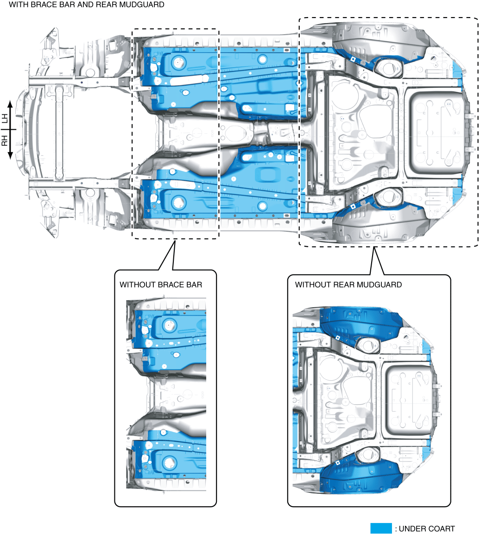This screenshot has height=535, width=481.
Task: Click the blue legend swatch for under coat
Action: point(381,529)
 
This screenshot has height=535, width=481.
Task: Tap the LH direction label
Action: point(5,119)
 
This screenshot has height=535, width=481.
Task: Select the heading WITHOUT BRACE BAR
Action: point(161,284)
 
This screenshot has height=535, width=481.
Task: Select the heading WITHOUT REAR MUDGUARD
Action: point(348,284)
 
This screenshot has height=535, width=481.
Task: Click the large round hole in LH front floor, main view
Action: point(178,61)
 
